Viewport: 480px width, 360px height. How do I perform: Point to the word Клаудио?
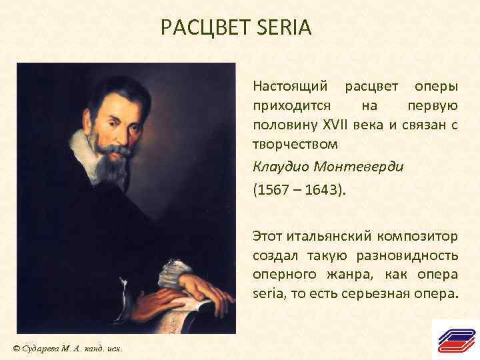click(279, 167)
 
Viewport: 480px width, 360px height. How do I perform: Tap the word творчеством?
click(295, 143)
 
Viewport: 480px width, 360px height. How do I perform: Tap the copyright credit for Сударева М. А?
click(66, 349)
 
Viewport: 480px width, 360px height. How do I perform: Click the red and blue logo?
click(455, 340)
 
